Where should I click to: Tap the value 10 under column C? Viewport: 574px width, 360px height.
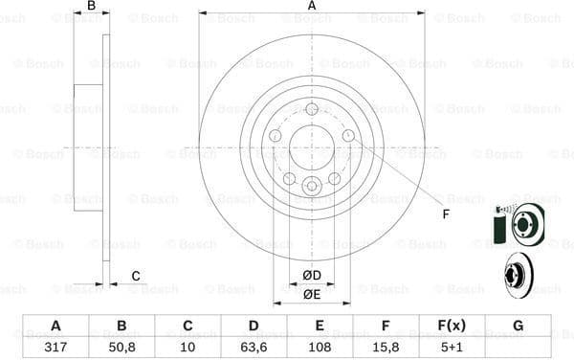pyautogui.click(x=188, y=347)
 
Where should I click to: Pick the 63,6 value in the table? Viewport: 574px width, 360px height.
pyautogui.click(x=254, y=347)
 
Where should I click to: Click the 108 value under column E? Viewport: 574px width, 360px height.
pyautogui.click(x=320, y=347)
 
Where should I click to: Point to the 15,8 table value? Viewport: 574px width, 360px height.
pyautogui.click(x=386, y=347)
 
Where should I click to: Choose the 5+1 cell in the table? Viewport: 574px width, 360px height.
pyautogui.click(x=452, y=347)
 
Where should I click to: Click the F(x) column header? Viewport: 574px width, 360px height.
pyautogui.click(x=452, y=326)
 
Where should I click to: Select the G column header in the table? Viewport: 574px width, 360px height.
pyautogui.click(x=518, y=326)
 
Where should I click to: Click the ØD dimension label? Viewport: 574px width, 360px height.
pyautogui.click(x=312, y=277)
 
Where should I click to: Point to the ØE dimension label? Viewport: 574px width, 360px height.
pyautogui.click(x=312, y=295)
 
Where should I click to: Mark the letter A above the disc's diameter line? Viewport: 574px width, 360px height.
pyautogui.click(x=312, y=7)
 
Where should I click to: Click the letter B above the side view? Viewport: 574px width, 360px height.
pyautogui.click(x=91, y=7)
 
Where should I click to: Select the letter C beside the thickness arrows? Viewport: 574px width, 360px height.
pyautogui.click(x=136, y=277)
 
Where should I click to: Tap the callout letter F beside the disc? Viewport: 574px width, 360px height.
pyautogui.click(x=445, y=214)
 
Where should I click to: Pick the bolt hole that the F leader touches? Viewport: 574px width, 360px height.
pyautogui.click(x=348, y=136)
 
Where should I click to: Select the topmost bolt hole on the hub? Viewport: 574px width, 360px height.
pyautogui.click(x=312, y=109)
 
